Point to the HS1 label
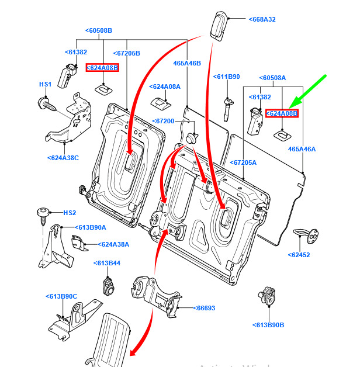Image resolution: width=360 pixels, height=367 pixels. click(x=46, y=85)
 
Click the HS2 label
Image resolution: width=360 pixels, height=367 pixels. click(x=70, y=213)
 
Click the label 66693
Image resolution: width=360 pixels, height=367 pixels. click(x=203, y=307)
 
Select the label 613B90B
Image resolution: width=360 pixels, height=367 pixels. click(x=269, y=325)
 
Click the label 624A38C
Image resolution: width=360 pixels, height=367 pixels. click(x=63, y=157)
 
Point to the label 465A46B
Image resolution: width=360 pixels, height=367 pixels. click(x=186, y=63)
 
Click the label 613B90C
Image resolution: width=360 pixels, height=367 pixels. click(x=61, y=296)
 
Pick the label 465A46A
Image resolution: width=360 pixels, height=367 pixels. click(x=302, y=150)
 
